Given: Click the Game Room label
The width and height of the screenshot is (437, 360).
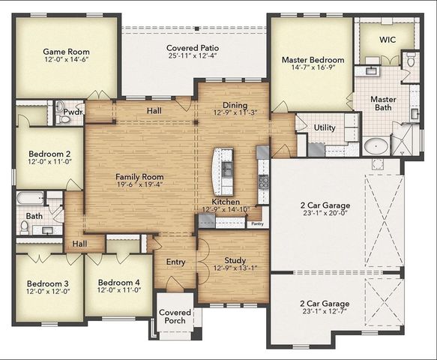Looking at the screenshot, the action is point(66,52).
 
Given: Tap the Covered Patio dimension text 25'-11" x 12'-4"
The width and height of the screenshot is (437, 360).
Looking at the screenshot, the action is point(193,55).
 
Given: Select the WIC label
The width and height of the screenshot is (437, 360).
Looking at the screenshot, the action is point(388,40).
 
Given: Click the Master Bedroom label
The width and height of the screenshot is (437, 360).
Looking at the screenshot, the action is point(313,60).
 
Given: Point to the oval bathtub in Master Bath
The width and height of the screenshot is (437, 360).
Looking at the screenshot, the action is point(376,145).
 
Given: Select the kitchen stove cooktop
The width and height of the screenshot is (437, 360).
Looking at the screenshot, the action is point(263,181).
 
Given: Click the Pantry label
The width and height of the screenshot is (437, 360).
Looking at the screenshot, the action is point(257,223).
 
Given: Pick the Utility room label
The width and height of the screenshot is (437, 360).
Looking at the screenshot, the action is point(325,127).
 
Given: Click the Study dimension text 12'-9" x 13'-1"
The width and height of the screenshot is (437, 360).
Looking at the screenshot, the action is point(235,268).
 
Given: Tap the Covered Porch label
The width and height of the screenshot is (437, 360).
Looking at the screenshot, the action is point(175,316).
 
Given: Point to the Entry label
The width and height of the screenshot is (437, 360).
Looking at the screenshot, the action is point(175,262).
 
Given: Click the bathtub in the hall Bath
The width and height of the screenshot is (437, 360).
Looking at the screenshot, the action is point(30,198).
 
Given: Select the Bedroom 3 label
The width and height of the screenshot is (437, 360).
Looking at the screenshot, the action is point(48,283).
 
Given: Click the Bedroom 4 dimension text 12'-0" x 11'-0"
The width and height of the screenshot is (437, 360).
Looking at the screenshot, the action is point(118,290).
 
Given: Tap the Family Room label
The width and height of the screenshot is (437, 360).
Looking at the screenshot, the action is point(139,177).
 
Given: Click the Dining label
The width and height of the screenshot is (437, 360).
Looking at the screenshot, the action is point(235,105).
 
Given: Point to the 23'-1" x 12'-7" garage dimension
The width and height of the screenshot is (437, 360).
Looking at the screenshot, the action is point(325,311).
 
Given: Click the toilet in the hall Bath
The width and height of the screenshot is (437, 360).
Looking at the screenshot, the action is point(25,227).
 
